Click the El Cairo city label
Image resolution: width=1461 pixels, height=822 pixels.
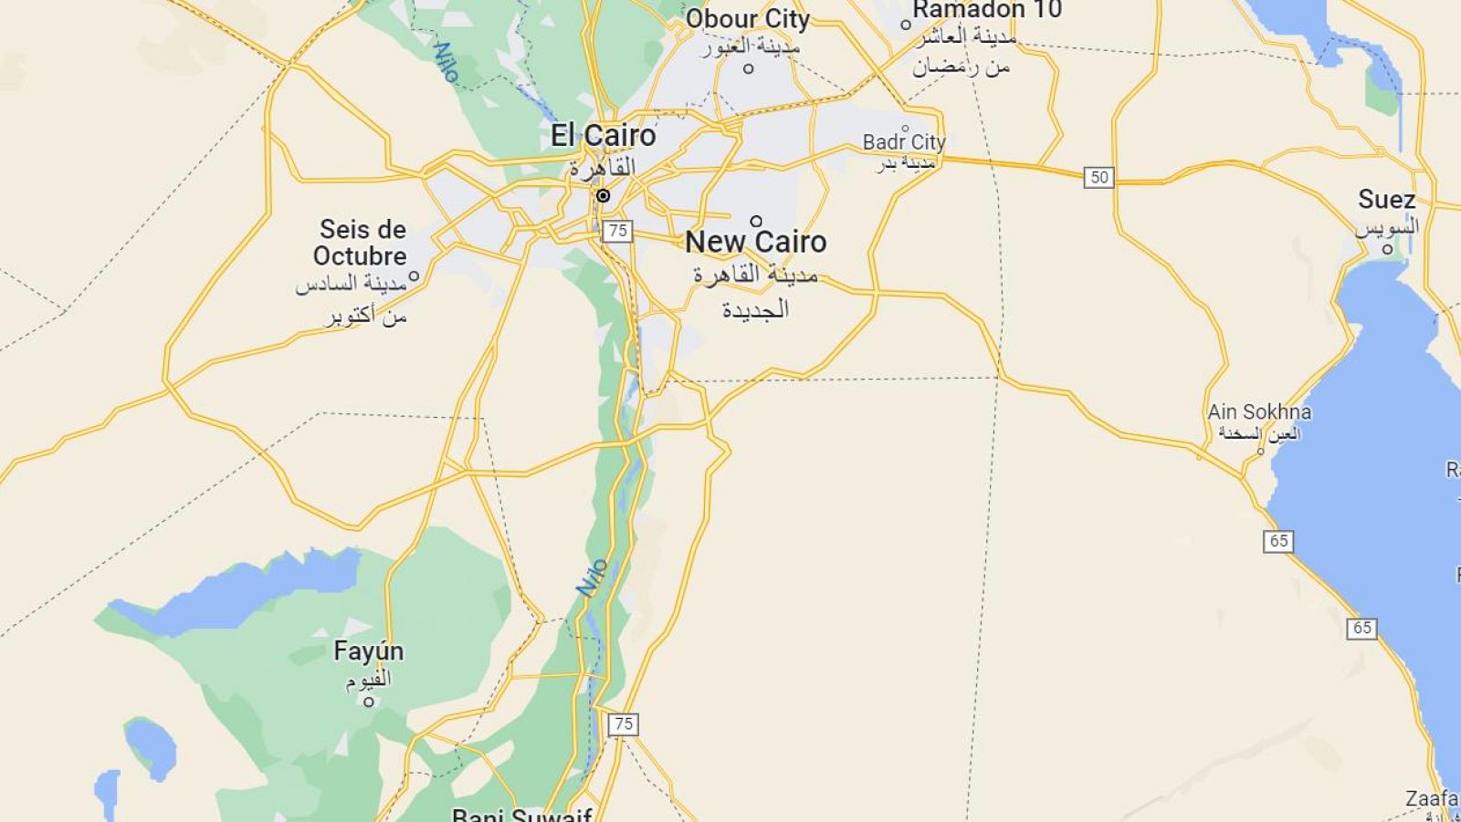603,136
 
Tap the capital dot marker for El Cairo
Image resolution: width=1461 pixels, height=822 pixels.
603,196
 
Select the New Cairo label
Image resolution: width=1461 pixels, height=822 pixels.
755,242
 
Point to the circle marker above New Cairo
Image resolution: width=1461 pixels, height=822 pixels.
756,221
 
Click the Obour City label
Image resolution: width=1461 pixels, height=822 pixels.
748,19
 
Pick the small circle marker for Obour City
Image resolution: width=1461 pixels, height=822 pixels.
749,68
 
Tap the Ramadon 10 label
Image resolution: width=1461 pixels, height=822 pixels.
987,10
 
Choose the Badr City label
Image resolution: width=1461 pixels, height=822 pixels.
904,142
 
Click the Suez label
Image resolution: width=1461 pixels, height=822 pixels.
1386,200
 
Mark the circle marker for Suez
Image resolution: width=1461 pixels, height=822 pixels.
1387,249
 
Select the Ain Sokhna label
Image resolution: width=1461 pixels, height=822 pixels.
1259,412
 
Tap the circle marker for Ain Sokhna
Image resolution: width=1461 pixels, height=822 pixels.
1261,452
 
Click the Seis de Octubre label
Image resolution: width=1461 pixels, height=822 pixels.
363,242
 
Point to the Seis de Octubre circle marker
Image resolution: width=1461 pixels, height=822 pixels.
414,276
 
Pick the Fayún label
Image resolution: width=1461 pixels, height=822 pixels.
368,651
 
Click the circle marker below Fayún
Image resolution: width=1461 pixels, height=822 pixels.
369,702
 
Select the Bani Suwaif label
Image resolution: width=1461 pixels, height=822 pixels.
522,815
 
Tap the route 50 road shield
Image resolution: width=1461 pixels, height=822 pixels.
1099,177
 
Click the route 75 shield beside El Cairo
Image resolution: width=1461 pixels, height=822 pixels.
617,231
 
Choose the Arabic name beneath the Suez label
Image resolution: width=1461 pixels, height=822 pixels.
1387,226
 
